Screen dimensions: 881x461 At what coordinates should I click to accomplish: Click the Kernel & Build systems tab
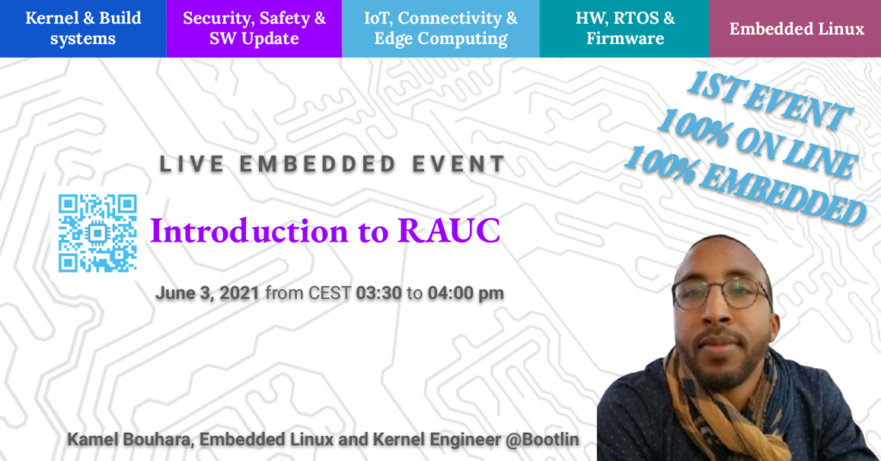(x=83, y=28)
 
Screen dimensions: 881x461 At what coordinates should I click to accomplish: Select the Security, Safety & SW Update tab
(x=254, y=28)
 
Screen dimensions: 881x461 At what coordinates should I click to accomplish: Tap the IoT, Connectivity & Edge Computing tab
(x=441, y=28)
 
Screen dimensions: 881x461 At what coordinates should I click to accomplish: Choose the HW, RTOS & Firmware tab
(x=625, y=28)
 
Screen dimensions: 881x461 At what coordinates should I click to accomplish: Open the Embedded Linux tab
(x=795, y=28)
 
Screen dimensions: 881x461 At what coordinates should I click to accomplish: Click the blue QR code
(x=98, y=233)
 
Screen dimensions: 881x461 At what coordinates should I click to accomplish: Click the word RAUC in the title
(x=449, y=230)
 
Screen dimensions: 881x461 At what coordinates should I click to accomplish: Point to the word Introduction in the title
(x=250, y=230)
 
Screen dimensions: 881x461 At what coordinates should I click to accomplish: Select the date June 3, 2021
(x=206, y=293)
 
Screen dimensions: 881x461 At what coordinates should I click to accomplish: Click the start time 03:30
(x=379, y=293)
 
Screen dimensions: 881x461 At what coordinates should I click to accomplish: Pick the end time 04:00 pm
(x=465, y=293)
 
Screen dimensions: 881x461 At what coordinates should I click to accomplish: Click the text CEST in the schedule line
(x=330, y=293)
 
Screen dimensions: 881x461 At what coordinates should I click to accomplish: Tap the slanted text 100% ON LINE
(x=757, y=144)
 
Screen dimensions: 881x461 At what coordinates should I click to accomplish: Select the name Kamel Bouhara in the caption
(x=129, y=439)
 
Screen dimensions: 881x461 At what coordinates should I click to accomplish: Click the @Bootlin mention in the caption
(x=542, y=439)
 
